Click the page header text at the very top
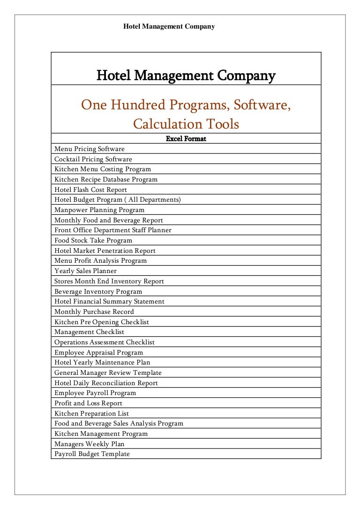169,27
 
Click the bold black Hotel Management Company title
186,76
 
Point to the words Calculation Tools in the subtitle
186,124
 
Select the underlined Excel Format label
186,139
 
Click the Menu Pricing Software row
90,149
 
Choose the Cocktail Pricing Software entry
93,160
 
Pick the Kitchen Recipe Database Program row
106,180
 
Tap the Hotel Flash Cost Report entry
90,190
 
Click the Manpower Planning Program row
99,210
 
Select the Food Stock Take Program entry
93,241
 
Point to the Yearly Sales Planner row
85,271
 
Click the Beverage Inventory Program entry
98,291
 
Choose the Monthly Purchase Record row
94,312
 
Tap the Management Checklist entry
89,332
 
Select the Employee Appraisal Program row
99,353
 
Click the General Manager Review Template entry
108,373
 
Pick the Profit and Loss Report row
88,403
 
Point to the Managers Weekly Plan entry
90,444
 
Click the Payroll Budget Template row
92,454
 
